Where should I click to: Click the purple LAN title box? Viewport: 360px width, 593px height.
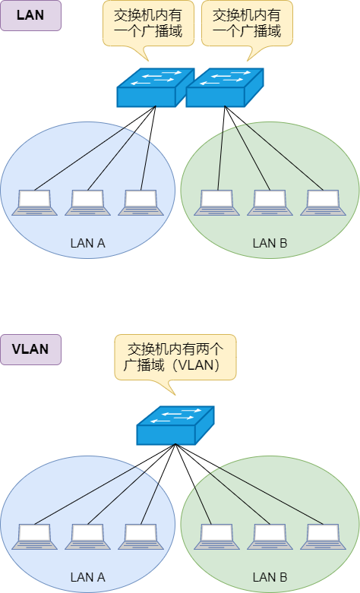[30, 15]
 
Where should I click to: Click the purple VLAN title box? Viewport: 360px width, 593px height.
[30, 349]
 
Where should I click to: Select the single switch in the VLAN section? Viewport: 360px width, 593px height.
[175, 425]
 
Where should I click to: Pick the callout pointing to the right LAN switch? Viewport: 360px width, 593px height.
[246, 24]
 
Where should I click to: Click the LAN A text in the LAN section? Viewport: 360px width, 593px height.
[87, 244]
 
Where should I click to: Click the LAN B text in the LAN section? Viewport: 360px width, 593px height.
[270, 244]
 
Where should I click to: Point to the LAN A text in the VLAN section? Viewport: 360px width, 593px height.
[87, 577]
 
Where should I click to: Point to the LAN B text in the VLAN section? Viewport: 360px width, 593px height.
[270, 577]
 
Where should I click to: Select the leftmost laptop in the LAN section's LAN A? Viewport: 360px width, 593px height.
[34, 202]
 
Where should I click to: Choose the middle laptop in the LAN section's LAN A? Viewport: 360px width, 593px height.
[88, 202]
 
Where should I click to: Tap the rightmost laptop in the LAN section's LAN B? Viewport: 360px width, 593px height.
[324, 202]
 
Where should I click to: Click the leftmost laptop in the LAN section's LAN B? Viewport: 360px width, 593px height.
[216, 202]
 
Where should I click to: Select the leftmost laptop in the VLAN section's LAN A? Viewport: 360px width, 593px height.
[34, 535]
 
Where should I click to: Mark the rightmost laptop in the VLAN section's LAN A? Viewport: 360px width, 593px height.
[141, 535]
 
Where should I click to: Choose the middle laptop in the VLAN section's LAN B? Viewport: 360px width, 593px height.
[270, 535]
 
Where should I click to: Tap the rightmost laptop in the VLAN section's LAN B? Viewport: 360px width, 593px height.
[324, 535]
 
